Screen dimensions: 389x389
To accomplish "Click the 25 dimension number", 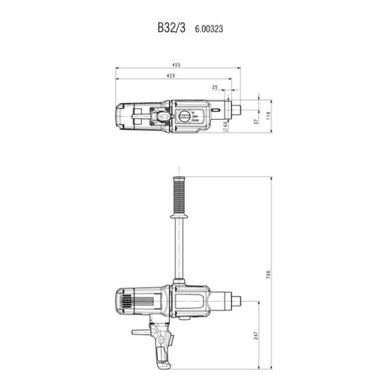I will [x=214, y=87].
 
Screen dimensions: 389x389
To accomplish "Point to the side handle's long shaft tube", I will [x=179, y=254].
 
